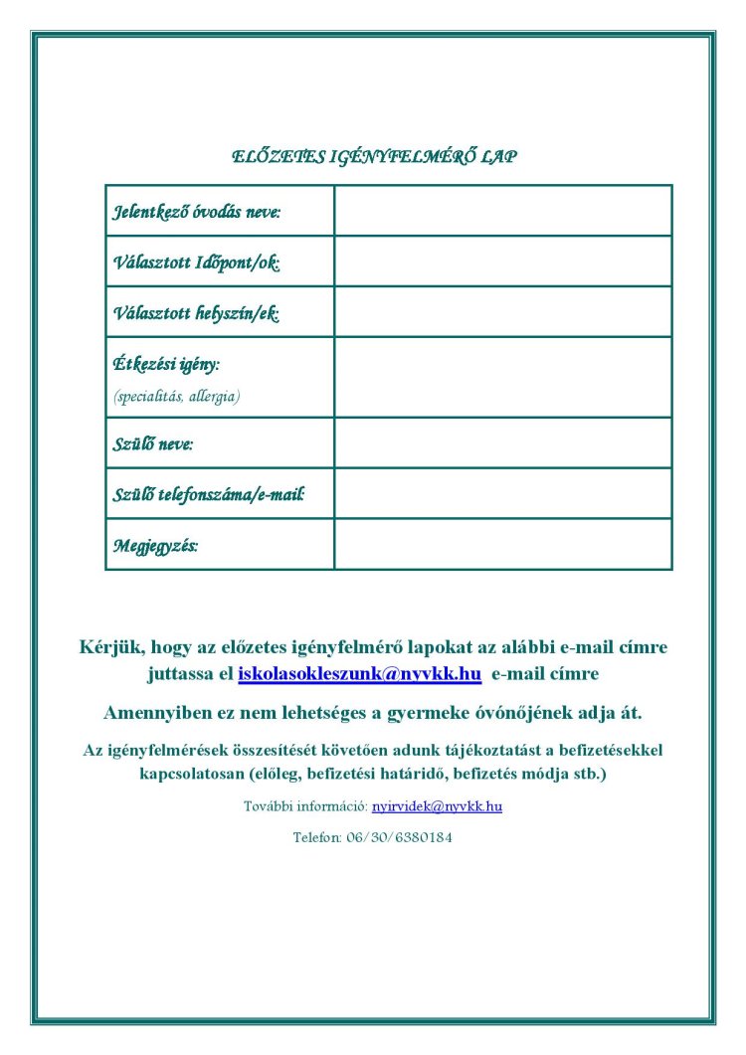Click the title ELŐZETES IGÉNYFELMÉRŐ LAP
coord(373,156)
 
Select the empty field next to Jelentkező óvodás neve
coord(502,211)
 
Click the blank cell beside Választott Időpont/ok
coord(502,262)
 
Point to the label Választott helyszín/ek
coord(196,313)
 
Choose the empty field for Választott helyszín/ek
coord(502,312)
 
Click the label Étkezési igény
coord(167,365)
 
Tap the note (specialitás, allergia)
coord(177,395)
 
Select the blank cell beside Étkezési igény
coord(502,377)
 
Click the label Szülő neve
coord(153,443)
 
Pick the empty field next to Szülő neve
coord(502,442)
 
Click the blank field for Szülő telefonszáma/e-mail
coord(502,493)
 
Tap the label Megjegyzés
coord(156,545)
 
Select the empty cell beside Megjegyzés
coord(502,544)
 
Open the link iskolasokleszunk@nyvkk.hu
coord(360,674)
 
